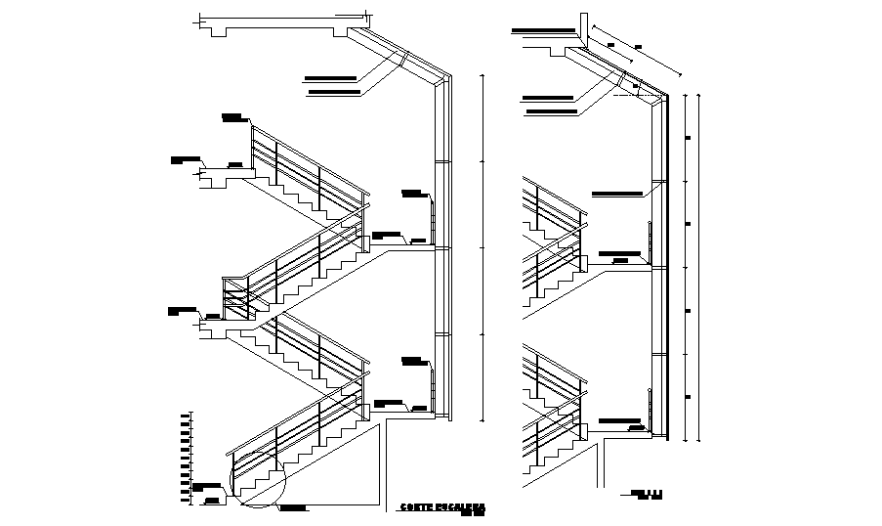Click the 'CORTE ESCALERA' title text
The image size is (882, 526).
pyautogui.click(x=442, y=507)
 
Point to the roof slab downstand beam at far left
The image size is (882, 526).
pyautogui.click(x=215, y=30)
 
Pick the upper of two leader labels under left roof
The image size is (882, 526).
pyautogui.click(x=330, y=76)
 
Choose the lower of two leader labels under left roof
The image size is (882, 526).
pyautogui.click(x=334, y=93)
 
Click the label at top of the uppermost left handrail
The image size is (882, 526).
pyautogui.click(x=232, y=118)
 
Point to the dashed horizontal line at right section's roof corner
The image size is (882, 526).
pyautogui.click(x=640, y=97)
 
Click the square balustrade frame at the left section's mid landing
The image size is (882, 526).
pyautogui.click(x=236, y=297)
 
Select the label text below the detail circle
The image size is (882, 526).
pyautogui.click(x=292, y=508)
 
